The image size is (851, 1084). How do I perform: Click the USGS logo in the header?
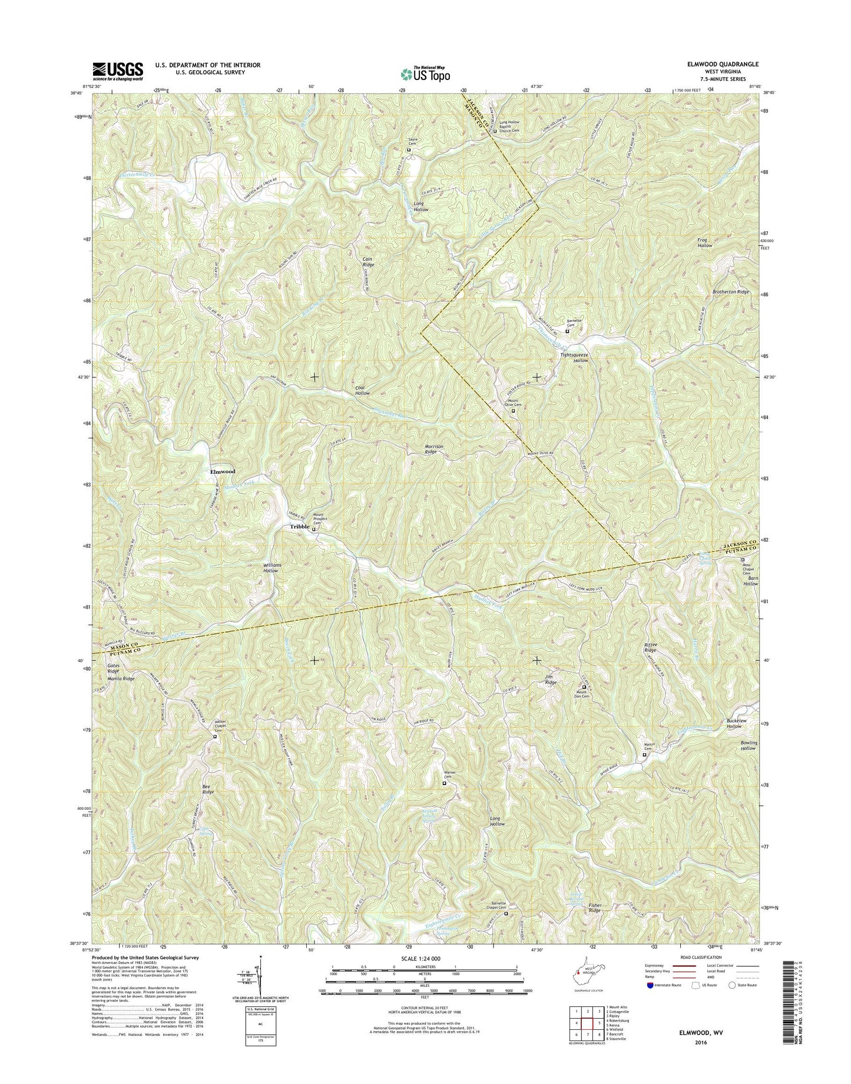[x=117, y=71]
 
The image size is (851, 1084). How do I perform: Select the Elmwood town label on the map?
[x=223, y=471]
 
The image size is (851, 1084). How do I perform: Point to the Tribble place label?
[x=299, y=527]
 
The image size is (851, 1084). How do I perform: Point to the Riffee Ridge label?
[x=650, y=647]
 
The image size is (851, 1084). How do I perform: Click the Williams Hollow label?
[x=271, y=567]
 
